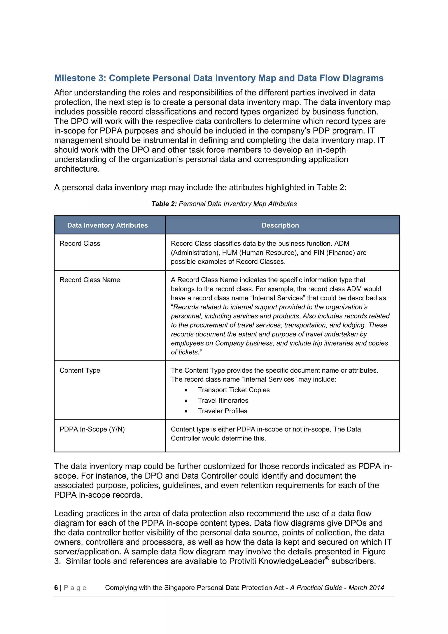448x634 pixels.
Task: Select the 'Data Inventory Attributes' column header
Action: pyautogui.click(x=107, y=225)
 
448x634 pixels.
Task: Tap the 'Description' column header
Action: pyautogui.click(x=280, y=225)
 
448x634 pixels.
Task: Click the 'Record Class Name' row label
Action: pyautogui.click(x=90, y=280)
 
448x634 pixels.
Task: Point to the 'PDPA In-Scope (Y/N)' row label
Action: pyautogui.click(x=92, y=429)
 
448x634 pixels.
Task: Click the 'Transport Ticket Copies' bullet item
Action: pyautogui.click(x=233, y=390)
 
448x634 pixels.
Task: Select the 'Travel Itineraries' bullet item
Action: pyautogui.click(x=223, y=400)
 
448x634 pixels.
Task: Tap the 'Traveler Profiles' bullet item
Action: pyautogui.click(x=222, y=411)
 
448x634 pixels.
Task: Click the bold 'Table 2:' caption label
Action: pyautogui.click(x=164, y=204)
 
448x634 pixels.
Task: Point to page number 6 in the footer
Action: pyautogui.click(x=56, y=588)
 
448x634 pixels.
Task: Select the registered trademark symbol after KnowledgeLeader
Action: pyautogui.click(x=327, y=558)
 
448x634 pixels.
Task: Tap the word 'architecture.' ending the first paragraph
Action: pyautogui.click(x=77, y=169)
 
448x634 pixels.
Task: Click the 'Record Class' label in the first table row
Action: pyautogui.click(x=80, y=243)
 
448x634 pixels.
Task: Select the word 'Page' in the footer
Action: pyautogui.click(x=75, y=588)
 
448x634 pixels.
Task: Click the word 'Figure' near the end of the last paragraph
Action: pyautogui.click(x=374, y=551)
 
